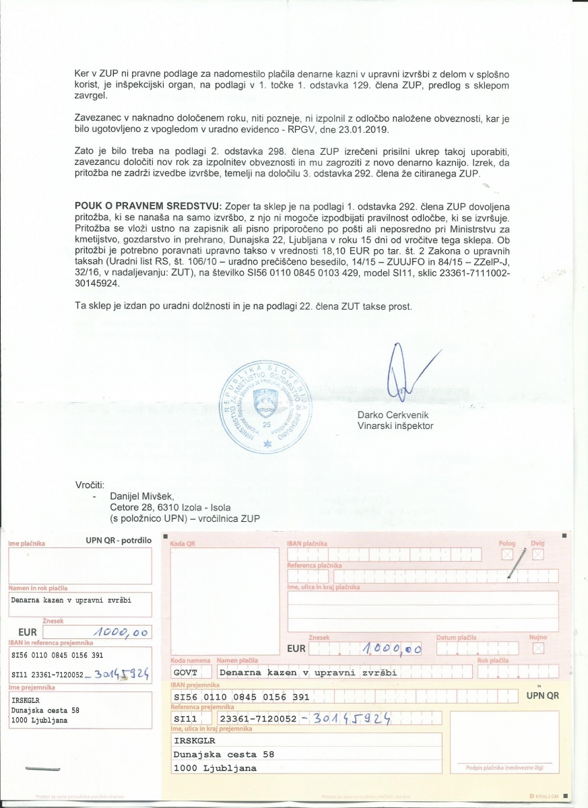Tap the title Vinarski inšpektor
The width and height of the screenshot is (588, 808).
(395, 426)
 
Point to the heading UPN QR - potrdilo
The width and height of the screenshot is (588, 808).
(119, 540)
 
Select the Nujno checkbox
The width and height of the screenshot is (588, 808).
(537, 648)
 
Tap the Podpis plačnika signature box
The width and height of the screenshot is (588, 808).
(504, 741)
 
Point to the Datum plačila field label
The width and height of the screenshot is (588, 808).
(456, 637)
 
